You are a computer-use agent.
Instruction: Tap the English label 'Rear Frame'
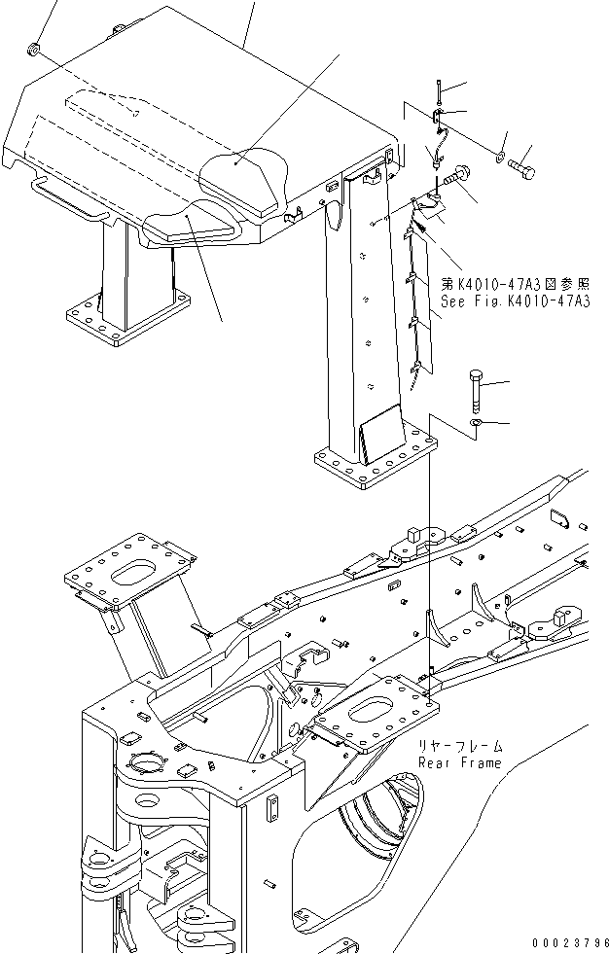[x=460, y=762]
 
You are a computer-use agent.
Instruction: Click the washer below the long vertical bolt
[x=475, y=424]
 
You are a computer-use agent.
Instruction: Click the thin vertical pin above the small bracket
[x=439, y=91]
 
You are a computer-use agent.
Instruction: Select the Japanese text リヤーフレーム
[x=462, y=746]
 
